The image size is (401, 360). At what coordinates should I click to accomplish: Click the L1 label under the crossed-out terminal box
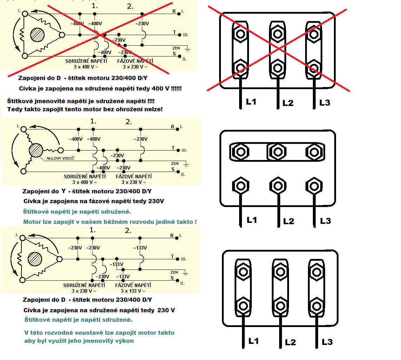pos(251,102)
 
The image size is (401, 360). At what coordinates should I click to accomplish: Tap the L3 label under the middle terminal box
pos(326,221)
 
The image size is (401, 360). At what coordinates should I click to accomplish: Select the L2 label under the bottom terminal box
pos(290,342)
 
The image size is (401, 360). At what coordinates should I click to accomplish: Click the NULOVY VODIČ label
pos(60,158)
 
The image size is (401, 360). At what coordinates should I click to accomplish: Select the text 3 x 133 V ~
pos(133,291)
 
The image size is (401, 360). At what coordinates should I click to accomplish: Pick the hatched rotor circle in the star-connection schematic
pos(36,150)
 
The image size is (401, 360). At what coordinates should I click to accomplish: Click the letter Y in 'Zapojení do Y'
pos(64,192)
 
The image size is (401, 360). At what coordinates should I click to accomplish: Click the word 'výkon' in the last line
pos(125,341)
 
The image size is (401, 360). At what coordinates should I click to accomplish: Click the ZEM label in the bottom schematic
pos(174,272)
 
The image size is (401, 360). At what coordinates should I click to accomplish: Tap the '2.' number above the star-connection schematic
pos(129,122)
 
